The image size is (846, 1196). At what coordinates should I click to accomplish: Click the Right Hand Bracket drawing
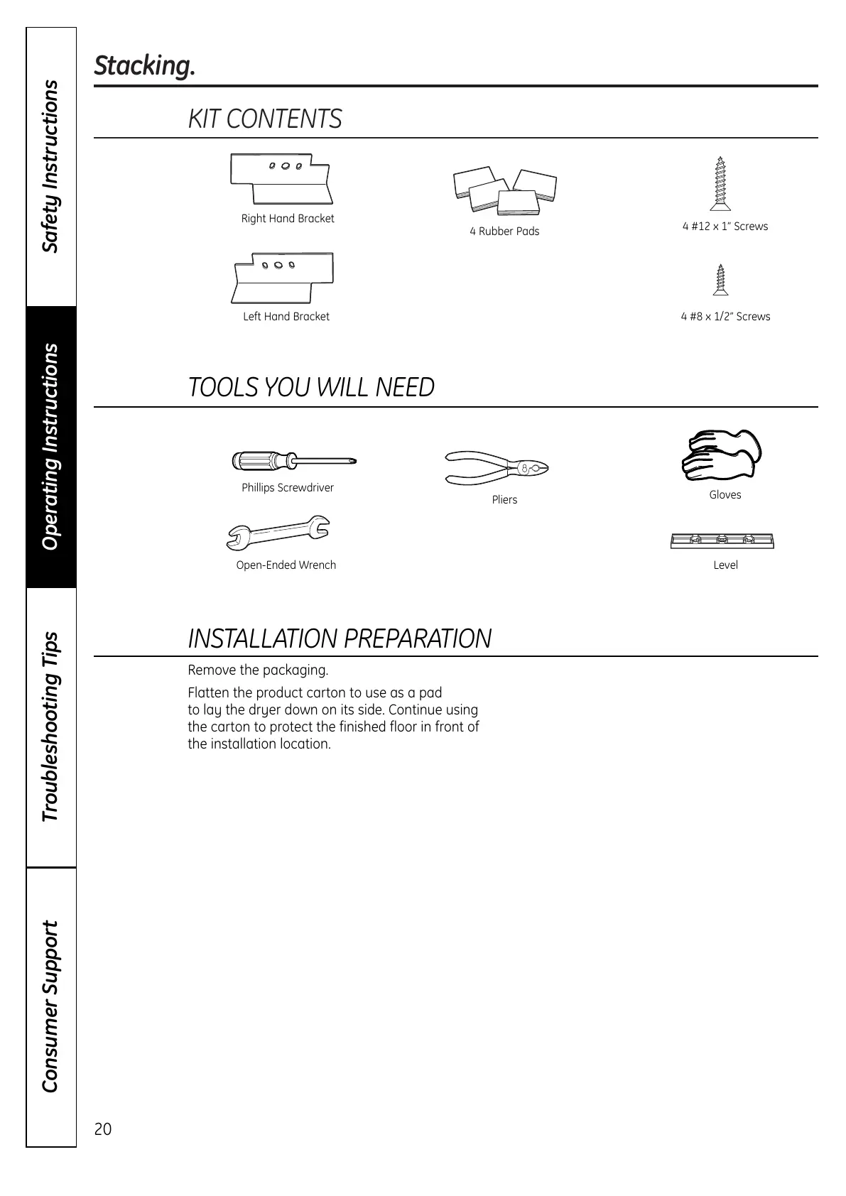tap(282, 178)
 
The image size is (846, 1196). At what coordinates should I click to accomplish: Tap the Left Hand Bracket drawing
tap(283, 276)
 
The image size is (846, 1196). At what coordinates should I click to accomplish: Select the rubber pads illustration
tap(504, 190)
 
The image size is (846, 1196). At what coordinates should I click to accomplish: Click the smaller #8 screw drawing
tap(722, 280)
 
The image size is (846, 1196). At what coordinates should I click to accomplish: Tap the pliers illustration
tap(497, 467)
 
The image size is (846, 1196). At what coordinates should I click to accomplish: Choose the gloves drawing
tap(721, 455)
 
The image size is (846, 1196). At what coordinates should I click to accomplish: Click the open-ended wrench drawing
tap(278, 534)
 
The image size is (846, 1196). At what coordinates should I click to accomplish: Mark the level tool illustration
tap(722, 541)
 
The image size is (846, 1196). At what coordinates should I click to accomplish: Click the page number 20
tap(103, 1129)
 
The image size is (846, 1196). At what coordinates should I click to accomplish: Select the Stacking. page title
tap(144, 66)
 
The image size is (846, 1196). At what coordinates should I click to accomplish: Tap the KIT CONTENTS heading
tap(265, 119)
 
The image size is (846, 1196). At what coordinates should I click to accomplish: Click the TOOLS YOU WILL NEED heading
tap(311, 387)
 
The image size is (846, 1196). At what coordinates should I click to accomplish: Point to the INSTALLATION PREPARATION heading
tap(340, 638)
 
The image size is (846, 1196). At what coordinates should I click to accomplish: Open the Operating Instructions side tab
tap(50, 447)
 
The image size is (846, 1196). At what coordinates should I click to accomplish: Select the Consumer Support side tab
tap(50, 1006)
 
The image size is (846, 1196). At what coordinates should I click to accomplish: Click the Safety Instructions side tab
tap(50, 167)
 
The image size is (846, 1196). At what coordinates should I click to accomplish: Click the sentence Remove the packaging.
tap(258, 670)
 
